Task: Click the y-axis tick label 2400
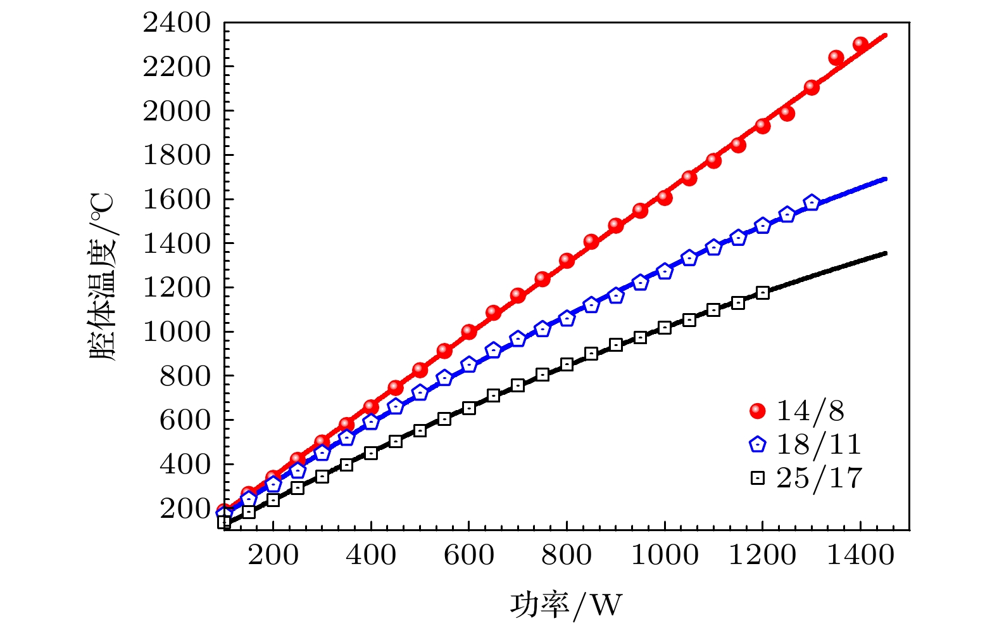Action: (x=177, y=23)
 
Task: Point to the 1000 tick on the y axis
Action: (x=177, y=331)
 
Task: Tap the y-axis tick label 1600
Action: (x=177, y=200)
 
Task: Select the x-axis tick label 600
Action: (x=468, y=556)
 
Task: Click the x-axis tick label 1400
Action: (x=860, y=556)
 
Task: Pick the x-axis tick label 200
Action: (x=273, y=556)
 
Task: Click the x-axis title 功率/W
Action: (x=566, y=604)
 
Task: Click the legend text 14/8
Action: (x=810, y=411)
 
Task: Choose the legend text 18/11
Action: (x=818, y=444)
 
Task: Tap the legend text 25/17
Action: (x=819, y=478)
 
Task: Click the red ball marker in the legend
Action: (x=757, y=411)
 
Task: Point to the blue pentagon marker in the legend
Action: (x=757, y=444)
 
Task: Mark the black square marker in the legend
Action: (x=757, y=478)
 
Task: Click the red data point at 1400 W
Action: (x=860, y=44)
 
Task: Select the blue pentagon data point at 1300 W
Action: (x=812, y=203)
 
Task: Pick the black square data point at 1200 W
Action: (x=762, y=292)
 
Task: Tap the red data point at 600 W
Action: (x=468, y=331)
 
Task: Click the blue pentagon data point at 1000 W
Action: (x=665, y=271)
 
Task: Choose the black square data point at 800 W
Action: (x=567, y=364)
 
